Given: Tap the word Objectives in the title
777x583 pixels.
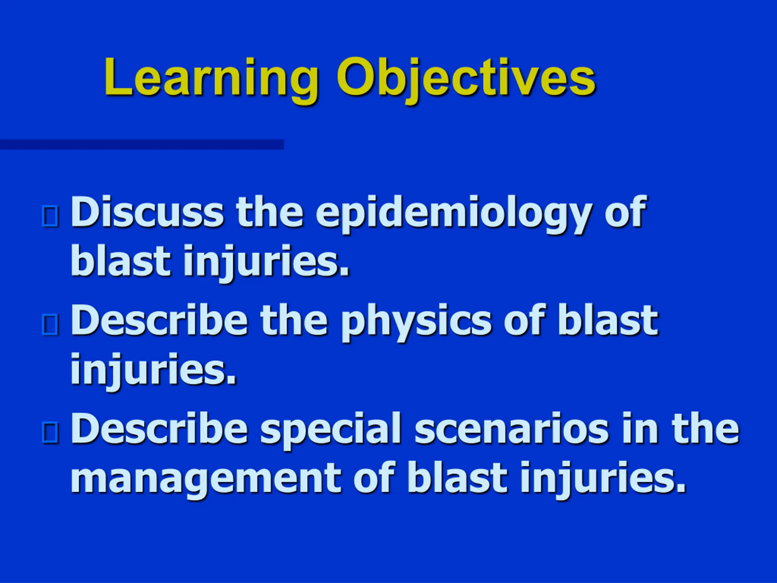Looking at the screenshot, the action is [x=466, y=80].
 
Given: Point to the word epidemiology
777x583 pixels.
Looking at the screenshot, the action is [x=453, y=214].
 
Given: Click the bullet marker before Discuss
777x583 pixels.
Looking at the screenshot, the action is [x=50, y=216].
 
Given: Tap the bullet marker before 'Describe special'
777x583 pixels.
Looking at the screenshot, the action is [x=50, y=433].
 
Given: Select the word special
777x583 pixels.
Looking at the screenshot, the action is [x=331, y=431].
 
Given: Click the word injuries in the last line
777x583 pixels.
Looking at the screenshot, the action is [x=603, y=479].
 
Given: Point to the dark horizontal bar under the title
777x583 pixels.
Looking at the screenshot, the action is [x=142, y=145].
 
